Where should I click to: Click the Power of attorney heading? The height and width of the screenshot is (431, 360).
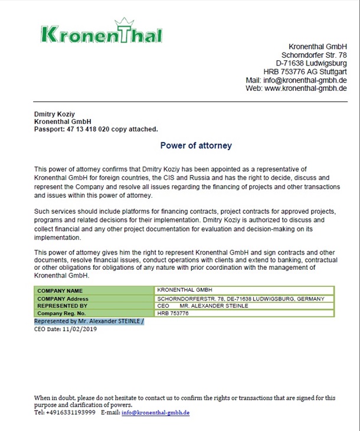[196, 145]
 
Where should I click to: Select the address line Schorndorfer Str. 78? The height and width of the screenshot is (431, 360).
[314, 55]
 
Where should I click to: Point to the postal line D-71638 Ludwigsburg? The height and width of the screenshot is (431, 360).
[311, 63]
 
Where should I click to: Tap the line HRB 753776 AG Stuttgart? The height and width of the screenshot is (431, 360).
[305, 71]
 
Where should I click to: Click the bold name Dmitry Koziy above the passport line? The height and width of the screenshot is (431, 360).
[54, 114]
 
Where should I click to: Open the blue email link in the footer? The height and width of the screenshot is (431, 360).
[155, 413]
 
